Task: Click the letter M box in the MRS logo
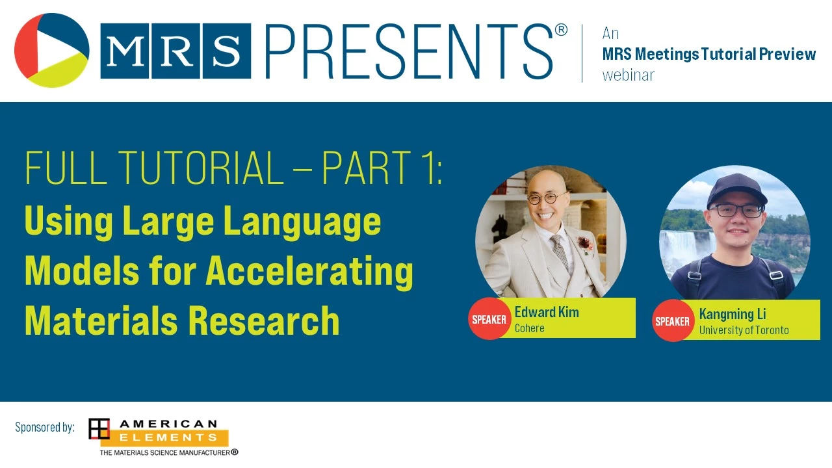pos(125,51)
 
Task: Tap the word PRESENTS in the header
pos(409,51)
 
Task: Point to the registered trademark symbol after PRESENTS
pos(561,30)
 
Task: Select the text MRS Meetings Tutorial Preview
pos(708,54)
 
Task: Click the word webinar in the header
pos(628,75)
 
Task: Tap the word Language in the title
pos(302,222)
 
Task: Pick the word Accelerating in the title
pos(309,272)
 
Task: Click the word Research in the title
pos(264,320)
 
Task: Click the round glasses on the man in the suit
pos(547,198)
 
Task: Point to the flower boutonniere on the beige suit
pos(584,244)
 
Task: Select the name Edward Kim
pos(547,313)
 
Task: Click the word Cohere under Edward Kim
pos(529,328)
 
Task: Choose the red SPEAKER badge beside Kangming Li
pos(672,321)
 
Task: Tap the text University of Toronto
pos(744,330)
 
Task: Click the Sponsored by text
pos(45,428)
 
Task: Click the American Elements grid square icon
pos(99,428)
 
